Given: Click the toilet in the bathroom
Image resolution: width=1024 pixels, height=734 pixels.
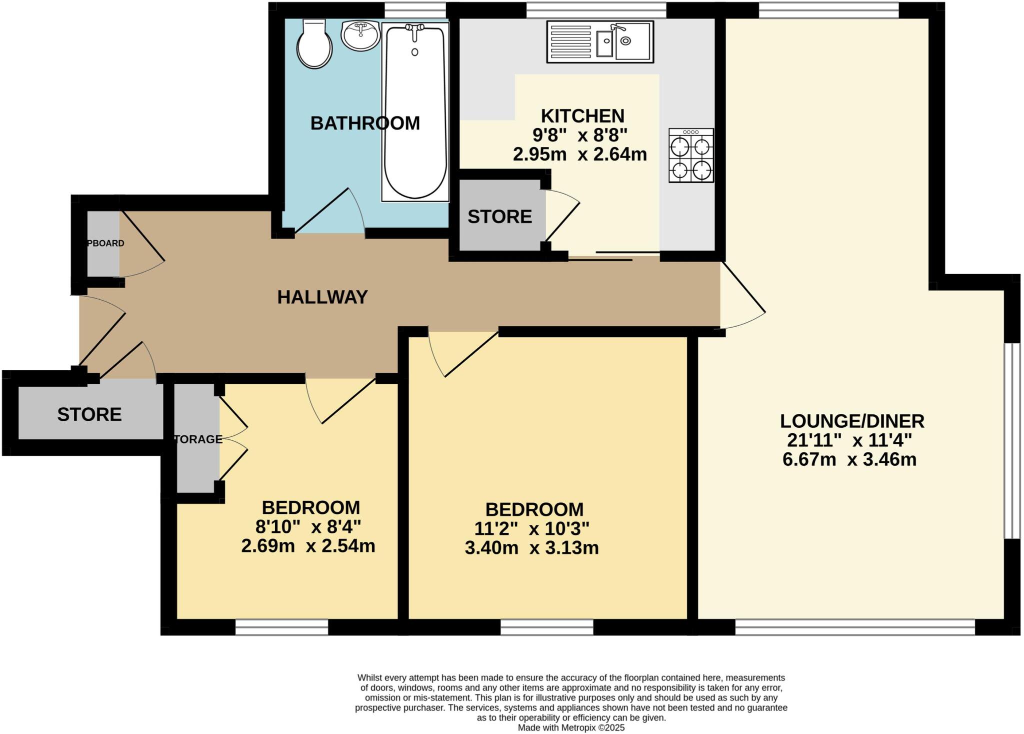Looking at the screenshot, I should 314,45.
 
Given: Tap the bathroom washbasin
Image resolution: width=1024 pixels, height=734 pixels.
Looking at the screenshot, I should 360,35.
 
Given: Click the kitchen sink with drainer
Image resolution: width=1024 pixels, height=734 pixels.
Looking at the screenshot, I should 600,42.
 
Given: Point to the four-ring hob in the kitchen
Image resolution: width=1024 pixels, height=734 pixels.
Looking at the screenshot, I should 691,156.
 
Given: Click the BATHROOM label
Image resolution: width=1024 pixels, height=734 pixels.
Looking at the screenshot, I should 365,123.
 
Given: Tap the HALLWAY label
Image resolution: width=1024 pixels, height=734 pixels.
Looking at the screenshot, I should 322,297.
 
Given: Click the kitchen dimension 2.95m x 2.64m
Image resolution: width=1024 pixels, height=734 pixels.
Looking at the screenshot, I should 580,155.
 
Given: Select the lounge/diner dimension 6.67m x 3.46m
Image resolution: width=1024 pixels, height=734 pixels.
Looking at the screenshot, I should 849,459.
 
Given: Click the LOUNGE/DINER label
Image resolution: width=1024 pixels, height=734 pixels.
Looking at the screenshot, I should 852,421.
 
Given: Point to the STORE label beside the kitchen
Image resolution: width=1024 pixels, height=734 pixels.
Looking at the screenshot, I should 499,217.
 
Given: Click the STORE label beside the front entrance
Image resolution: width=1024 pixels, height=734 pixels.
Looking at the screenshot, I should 89,414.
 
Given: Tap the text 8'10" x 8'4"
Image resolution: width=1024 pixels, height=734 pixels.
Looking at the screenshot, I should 308,526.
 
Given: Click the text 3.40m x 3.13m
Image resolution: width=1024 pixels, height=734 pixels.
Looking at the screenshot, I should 531,548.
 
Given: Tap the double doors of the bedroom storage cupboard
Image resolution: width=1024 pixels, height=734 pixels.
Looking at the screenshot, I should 233,439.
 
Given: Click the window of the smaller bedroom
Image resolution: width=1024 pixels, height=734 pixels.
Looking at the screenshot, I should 281,627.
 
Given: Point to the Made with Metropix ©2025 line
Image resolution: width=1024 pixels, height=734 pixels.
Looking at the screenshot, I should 571,727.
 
